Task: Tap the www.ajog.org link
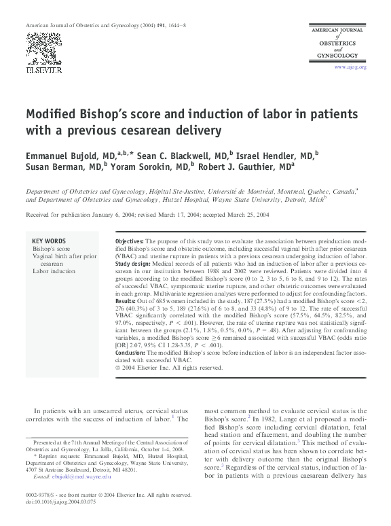[x=350, y=67]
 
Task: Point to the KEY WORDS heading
[x=49, y=241]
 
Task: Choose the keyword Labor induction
[x=54, y=271]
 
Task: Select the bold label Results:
[x=126, y=300]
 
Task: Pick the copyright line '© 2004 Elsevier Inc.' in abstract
[x=169, y=368]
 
